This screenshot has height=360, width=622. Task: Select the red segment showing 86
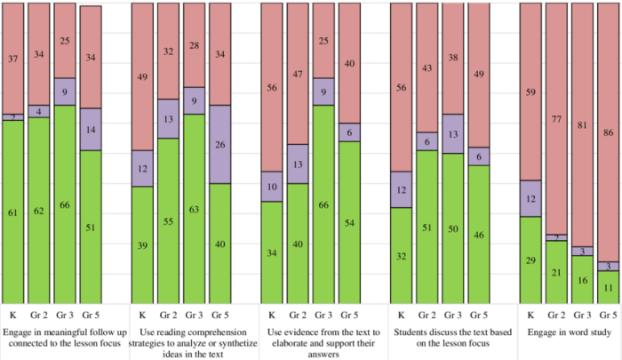(x=608, y=132)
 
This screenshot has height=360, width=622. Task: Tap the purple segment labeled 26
(x=220, y=144)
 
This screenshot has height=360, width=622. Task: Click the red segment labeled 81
(x=582, y=124)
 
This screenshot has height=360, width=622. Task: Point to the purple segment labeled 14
(x=91, y=129)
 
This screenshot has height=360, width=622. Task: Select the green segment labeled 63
(x=195, y=208)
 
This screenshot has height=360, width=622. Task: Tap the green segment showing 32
(x=401, y=255)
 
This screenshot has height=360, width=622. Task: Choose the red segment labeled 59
(x=530, y=92)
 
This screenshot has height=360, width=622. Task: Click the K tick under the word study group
(x=530, y=315)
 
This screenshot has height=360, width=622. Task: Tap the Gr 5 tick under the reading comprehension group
(x=220, y=315)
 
